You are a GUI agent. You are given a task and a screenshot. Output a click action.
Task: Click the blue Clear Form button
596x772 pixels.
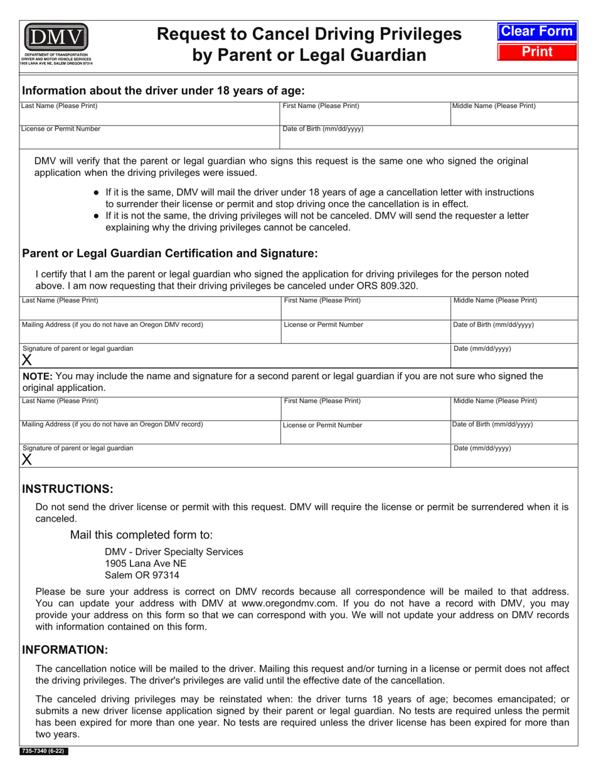coord(536,31)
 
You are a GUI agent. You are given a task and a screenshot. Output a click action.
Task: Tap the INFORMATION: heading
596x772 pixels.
coord(65,650)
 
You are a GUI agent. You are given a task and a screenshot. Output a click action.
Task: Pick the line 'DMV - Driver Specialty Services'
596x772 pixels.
coord(174,552)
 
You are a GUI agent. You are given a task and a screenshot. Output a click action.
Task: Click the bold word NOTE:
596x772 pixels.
coord(38,376)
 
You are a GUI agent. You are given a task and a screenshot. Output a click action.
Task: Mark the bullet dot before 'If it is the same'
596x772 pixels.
coord(96,192)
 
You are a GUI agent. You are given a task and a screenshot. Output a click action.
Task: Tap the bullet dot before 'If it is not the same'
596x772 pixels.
coord(96,216)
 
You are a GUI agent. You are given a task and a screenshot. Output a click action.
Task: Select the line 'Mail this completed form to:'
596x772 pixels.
coord(141,535)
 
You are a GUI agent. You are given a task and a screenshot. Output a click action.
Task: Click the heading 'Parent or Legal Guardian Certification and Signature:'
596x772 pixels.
coord(170,254)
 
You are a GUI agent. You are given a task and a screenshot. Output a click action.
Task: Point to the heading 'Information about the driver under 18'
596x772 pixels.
coord(163,90)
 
